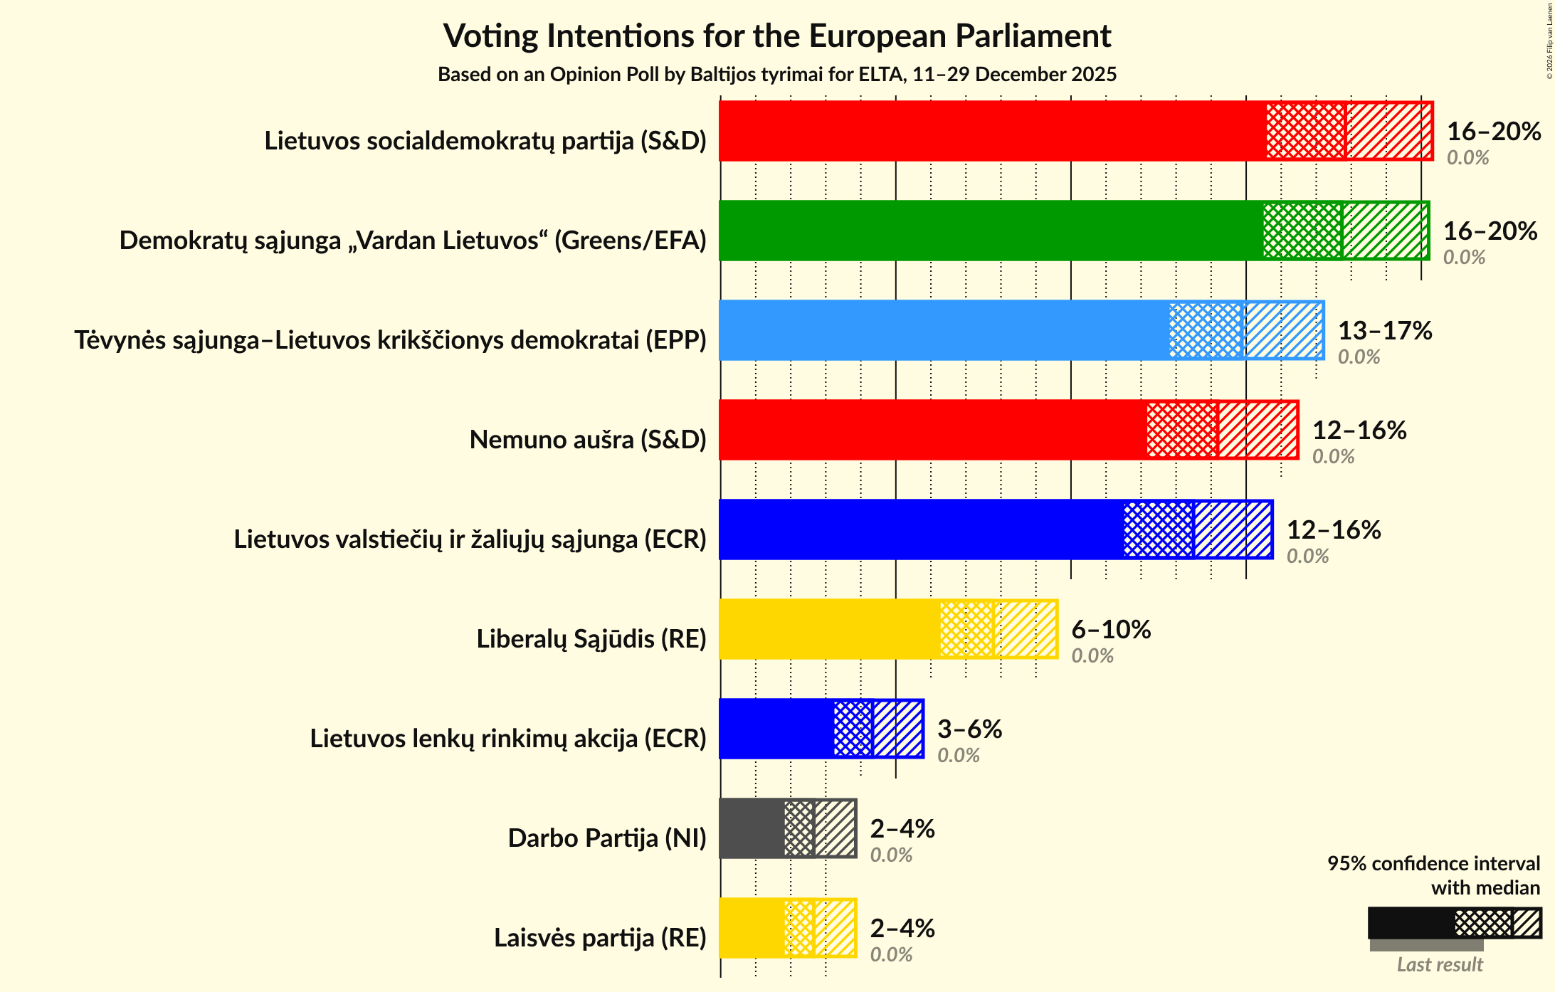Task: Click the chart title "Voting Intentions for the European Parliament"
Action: [x=777, y=36]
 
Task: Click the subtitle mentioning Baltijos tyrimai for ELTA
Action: [x=777, y=75]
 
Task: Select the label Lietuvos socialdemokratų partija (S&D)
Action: [x=485, y=141]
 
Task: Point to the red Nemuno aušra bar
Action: [x=932, y=430]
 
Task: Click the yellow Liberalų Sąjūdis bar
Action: [x=829, y=629]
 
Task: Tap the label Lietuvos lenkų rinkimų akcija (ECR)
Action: [x=508, y=739]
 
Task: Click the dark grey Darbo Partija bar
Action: [x=752, y=828]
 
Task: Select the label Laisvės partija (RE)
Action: [x=600, y=938]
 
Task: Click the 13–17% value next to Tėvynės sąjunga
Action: [x=1385, y=331]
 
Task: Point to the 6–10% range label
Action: [x=1111, y=630]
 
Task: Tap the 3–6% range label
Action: [x=969, y=729]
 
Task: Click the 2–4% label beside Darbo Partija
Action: [x=902, y=829]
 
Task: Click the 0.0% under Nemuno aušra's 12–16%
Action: [x=1333, y=457]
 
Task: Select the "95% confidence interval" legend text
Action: [x=1433, y=864]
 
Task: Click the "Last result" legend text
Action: [x=1440, y=965]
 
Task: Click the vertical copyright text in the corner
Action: [x=1549, y=41]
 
